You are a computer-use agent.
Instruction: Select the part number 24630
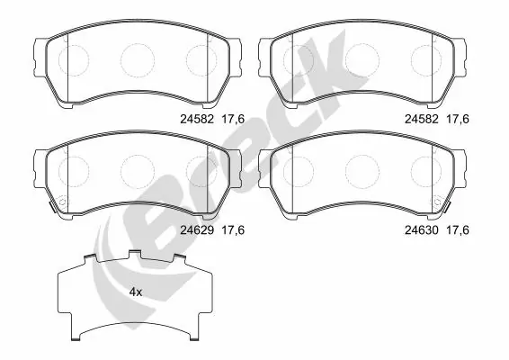point(420,229)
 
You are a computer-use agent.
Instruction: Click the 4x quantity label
point(135,292)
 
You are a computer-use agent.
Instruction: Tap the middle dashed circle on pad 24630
point(360,170)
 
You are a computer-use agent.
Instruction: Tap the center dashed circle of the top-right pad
point(360,59)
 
